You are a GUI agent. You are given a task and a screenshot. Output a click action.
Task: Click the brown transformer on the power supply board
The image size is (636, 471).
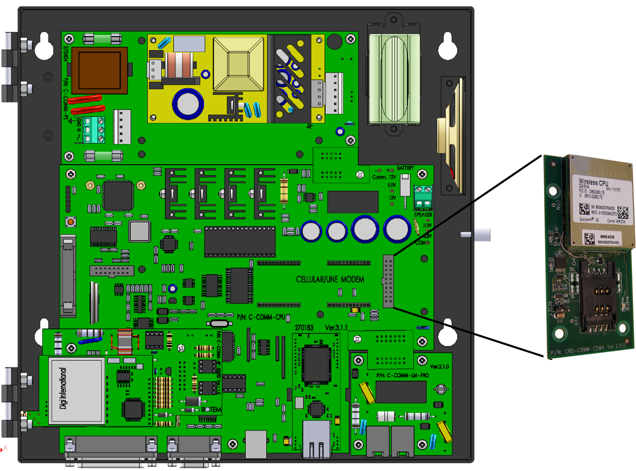click(x=99, y=70)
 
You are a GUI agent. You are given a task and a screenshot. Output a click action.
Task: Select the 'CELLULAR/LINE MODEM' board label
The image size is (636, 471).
click(x=330, y=279)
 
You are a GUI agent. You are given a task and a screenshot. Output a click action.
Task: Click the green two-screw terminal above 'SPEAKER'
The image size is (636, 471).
click(x=424, y=197)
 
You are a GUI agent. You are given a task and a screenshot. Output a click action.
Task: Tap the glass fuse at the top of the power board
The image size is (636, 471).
click(x=103, y=38)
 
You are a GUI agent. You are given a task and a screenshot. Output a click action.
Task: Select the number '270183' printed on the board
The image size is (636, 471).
click(x=304, y=328)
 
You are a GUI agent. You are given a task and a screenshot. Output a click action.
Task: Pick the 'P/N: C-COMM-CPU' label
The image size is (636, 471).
click(x=261, y=317)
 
